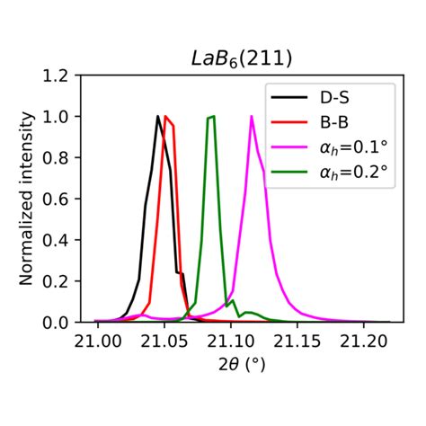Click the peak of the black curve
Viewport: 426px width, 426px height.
click(x=158, y=116)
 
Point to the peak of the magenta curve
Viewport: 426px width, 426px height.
click(x=252, y=116)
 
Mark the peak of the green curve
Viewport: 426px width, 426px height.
click(x=211, y=116)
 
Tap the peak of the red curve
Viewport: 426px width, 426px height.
click(x=166, y=116)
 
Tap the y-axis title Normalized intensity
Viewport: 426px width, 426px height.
click(x=28, y=199)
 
